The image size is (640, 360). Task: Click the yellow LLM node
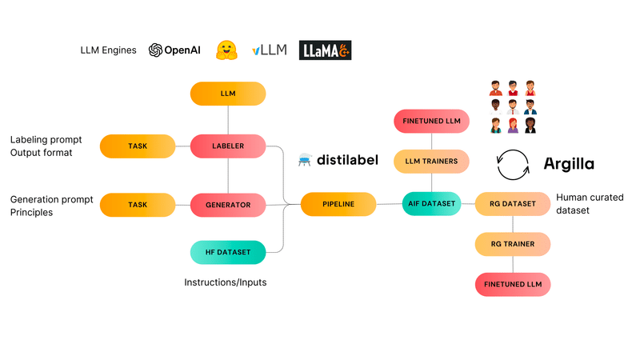coord(228,94)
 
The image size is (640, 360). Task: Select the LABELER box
coord(228,146)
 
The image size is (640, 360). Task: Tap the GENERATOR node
coord(228,205)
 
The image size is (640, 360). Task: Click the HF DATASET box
coord(228,252)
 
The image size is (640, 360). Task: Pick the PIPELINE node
coord(338,204)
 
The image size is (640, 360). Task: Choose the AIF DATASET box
coord(431,204)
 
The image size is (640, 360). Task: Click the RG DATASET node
coord(513,204)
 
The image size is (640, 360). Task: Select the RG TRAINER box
coord(513,244)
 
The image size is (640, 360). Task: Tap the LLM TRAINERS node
coord(431,162)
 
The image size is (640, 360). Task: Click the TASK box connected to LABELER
coord(138,146)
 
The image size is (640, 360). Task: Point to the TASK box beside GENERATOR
coord(138,205)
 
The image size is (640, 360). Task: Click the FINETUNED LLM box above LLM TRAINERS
coord(431,122)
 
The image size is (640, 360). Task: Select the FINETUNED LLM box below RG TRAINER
coord(513,285)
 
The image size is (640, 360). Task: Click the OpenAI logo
coord(174,50)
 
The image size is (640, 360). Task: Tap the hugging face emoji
coord(226,50)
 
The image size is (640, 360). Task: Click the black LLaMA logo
coord(325,50)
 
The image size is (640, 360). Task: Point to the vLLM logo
coord(270,50)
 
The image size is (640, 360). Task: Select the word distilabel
coord(347,159)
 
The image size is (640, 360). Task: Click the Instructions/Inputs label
coord(226,282)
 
